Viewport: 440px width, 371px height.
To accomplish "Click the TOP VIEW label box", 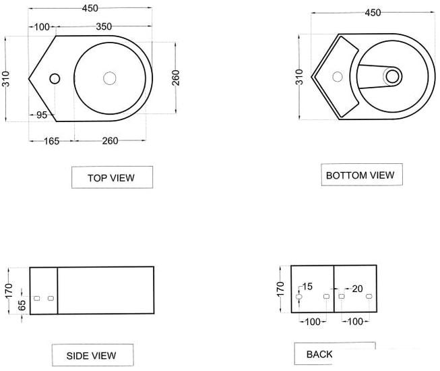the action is (113, 177).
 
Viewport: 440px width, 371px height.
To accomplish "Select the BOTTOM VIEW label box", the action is (362, 175).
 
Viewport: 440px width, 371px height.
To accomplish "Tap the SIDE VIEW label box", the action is (92, 355).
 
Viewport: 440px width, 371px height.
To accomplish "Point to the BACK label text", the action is (319, 354).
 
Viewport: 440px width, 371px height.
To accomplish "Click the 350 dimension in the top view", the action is (104, 27).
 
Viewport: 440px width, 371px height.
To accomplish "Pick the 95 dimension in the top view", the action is (42, 115).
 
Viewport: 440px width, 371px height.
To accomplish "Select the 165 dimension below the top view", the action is (52, 141).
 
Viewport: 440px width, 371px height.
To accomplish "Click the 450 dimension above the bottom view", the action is (373, 13).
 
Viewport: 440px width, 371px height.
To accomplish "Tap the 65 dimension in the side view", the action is (22, 306).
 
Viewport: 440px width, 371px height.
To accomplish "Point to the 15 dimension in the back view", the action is (307, 287).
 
